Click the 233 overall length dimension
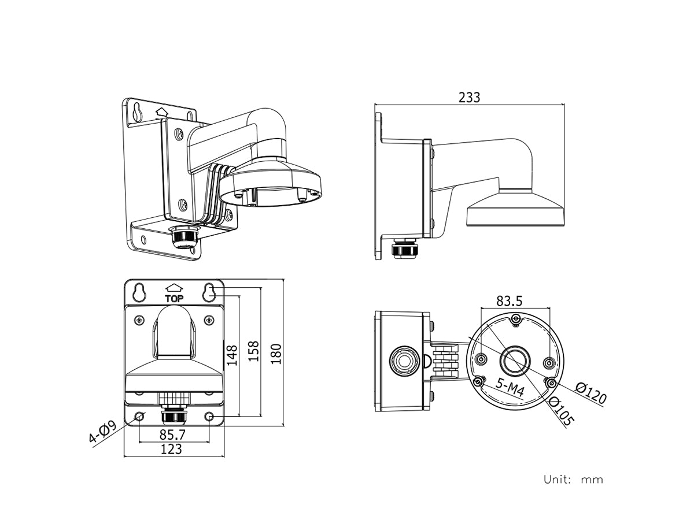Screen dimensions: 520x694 point(469,97)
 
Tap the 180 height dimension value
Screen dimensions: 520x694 point(276,354)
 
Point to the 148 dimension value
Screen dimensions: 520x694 point(232,355)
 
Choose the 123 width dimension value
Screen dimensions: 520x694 point(172,449)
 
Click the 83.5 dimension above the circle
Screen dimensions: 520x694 point(510,300)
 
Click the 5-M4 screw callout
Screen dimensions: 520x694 point(511,388)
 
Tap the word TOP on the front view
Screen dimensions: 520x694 point(174,299)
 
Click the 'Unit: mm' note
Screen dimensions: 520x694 point(573,479)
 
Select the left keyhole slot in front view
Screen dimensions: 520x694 point(139,292)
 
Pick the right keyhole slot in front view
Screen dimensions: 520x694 point(209,292)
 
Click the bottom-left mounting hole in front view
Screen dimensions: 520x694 point(139,416)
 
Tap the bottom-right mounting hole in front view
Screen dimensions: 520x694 point(209,416)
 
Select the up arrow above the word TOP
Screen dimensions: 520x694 point(174,287)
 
